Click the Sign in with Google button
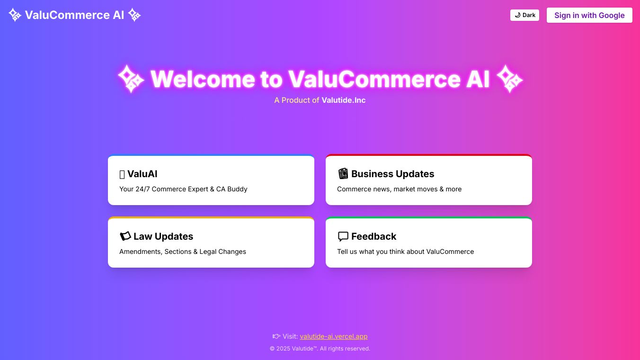(x=589, y=15)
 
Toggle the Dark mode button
(x=524, y=15)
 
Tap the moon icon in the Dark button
(x=517, y=15)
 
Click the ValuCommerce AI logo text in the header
(x=75, y=15)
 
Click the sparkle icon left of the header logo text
(x=15, y=15)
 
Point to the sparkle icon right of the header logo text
(x=134, y=15)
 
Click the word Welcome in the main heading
(x=203, y=79)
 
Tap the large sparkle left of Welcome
(x=131, y=79)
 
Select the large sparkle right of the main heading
(x=509, y=79)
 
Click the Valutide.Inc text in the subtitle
(x=343, y=100)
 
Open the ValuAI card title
(x=142, y=174)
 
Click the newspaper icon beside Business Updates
(x=343, y=173)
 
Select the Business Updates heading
(x=392, y=174)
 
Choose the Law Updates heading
(x=163, y=236)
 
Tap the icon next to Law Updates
(x=125, y=236)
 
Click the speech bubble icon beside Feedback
(x=343, y=236)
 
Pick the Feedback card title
(x=373, y=236)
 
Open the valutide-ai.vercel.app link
(x=334, y=337)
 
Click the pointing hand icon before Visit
(x=276, y=336)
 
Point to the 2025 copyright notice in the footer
(x=320, y=349)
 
